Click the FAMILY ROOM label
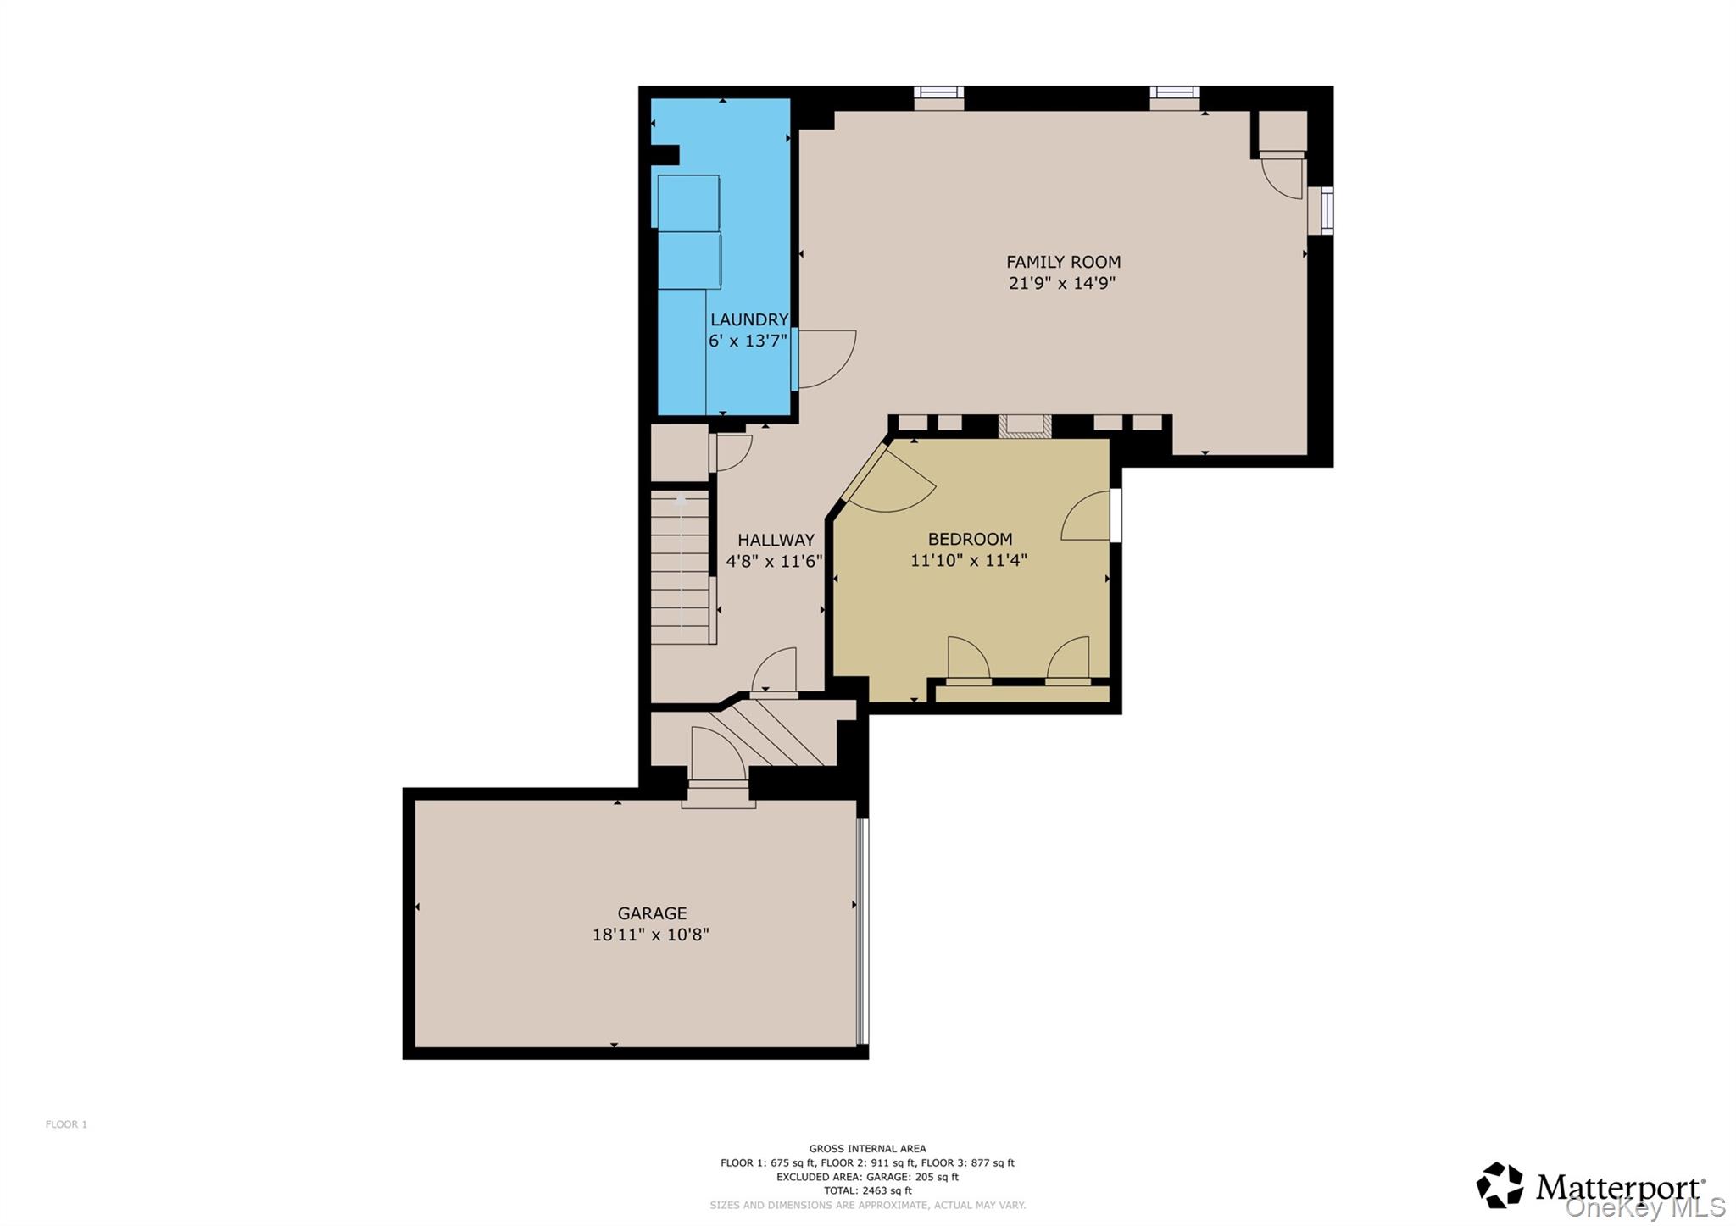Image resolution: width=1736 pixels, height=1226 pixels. [1063, 262]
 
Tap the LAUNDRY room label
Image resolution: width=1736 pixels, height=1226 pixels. [749, 319]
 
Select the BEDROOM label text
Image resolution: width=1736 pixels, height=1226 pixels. [970, 539]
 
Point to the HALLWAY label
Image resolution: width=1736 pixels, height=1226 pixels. [776, 540]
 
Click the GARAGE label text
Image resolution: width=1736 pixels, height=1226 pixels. [652, 913]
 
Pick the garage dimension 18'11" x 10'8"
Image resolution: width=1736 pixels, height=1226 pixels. [651, 935]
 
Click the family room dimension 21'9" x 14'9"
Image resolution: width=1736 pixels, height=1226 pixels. [1062, 283]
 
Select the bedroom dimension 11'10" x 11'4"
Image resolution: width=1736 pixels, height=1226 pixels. [969, 560]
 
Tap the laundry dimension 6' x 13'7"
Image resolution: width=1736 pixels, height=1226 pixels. [748, 341]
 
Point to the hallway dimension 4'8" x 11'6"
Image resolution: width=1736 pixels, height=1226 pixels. [775, 561]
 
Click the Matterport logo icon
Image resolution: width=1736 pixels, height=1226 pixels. [1500, 1184]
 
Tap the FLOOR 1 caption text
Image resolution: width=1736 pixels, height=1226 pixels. [66, 1124]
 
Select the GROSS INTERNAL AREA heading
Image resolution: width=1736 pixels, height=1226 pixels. [867, 1149]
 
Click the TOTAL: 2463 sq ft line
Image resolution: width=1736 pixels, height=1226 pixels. [867, 1190]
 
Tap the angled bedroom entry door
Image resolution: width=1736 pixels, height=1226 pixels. [890, 480]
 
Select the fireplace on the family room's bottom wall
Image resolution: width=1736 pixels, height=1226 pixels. [1025, 426]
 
